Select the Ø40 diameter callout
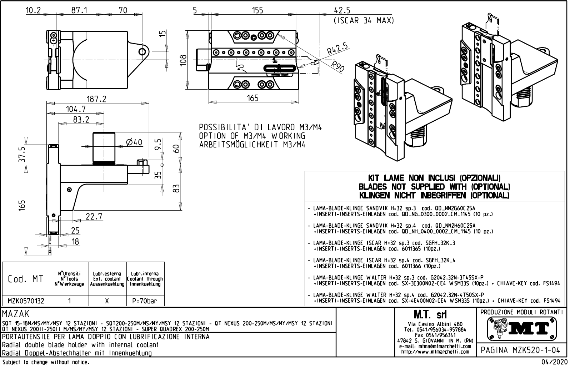[134, 142]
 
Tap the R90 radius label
[337, 67]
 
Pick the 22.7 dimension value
[94, 217]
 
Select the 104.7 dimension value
[76, 109]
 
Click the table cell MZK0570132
[26, 301]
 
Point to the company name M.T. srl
[435, 315]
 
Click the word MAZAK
[16, 314]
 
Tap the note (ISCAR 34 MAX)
[364, 21]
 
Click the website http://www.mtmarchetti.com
[435, 352]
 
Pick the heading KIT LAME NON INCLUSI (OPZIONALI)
[434, 178]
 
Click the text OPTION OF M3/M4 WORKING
[252, 136]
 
